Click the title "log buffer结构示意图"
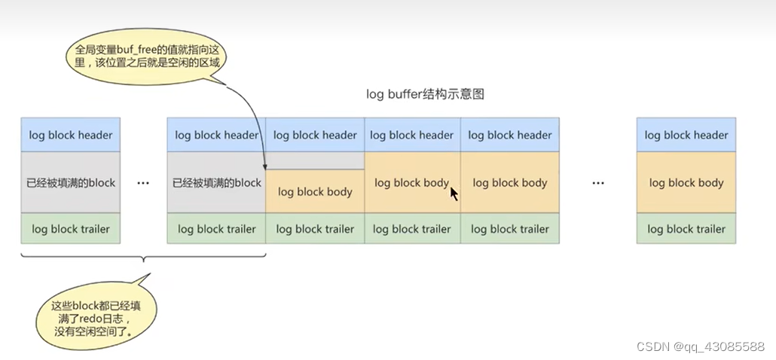point(424,94)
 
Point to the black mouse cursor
point(454,193)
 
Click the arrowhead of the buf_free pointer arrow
point(265,166)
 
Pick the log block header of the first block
point(71,136)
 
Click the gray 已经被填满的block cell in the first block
point(71,182)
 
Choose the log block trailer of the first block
point(71,229)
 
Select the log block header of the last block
point(686,136)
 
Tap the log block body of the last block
point(686,182)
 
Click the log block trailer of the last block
point(686,229)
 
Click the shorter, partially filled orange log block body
point(315,192)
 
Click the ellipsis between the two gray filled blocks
point(143,183)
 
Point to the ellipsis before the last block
point(598,183)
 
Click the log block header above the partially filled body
point(315,136)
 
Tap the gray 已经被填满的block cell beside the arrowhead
point(216,182)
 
